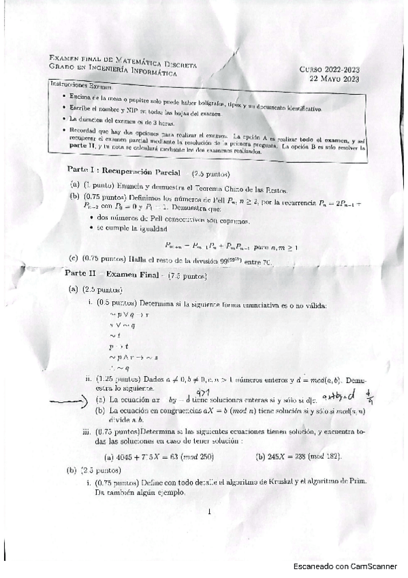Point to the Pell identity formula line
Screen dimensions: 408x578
[x=231, y=247]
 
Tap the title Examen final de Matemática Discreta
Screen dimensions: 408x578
[x=123, y=61]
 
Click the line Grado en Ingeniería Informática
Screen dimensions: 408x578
[x=113, y=70]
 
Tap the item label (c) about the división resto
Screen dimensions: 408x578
[x=74, y=259]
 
